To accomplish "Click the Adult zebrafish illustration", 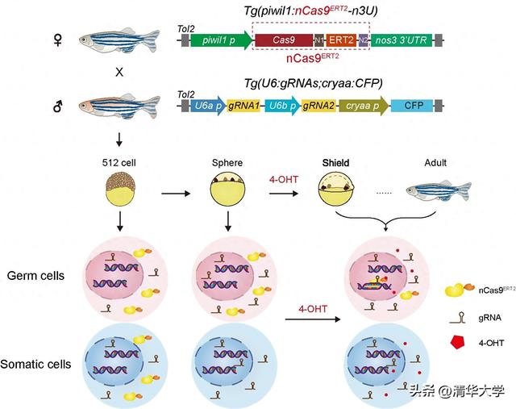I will point(435,190).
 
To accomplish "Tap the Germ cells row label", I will point(41,276).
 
